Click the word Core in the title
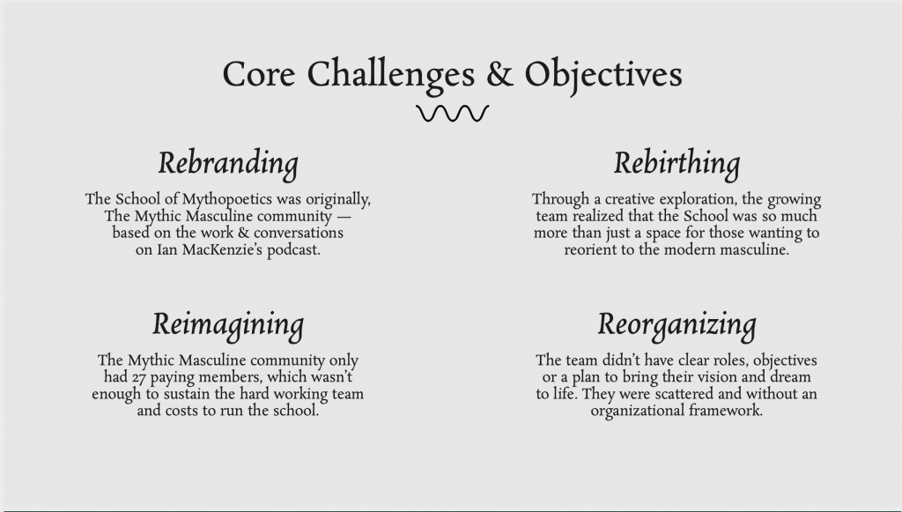259,74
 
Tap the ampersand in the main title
499,74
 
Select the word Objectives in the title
603,76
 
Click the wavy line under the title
452,114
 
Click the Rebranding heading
228,163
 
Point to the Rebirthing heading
676,163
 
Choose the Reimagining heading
228,324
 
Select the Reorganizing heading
676,324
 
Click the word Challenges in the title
391,76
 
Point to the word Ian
166,249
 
